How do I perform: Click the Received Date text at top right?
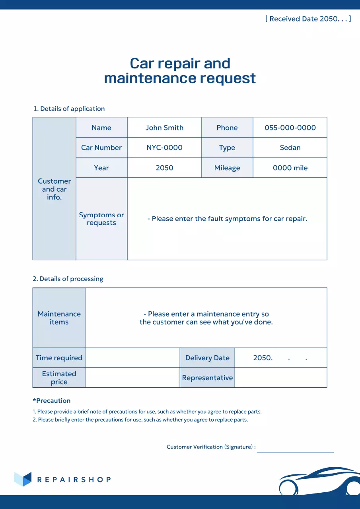308,19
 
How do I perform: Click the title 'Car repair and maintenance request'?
180,71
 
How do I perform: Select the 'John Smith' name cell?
164,128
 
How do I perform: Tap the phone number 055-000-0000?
290,128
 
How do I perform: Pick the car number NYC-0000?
164,148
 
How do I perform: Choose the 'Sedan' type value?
290,148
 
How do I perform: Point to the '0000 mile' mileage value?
290,168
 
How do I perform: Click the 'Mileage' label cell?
227,168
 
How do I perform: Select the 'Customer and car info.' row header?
54,189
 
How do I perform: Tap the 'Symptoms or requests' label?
101,219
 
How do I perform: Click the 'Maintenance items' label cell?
59,318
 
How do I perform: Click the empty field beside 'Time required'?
132,358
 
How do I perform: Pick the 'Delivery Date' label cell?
207,358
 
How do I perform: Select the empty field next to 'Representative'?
281,378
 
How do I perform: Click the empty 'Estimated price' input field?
132,378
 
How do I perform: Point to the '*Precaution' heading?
52,400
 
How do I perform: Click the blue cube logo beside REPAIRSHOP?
23,479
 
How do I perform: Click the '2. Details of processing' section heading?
68,279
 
